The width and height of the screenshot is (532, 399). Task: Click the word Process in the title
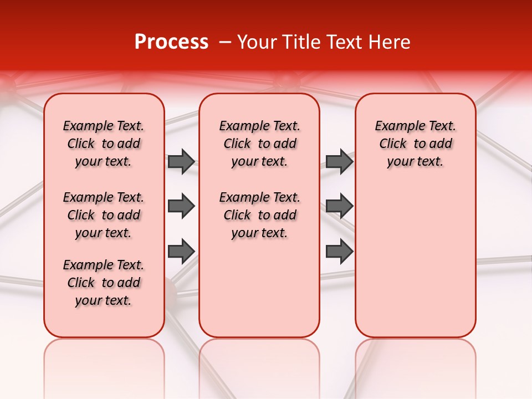coord(171,42)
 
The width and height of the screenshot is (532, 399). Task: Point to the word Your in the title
coord(255,42)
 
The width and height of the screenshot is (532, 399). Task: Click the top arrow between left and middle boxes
coord(181,161)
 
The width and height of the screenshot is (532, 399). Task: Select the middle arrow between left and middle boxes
coord(181,206)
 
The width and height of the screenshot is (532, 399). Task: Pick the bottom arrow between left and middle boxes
coord(181,251)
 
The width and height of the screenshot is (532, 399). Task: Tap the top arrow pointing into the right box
coord(339,161)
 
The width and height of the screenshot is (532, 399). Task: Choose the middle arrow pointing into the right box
coord(339,206)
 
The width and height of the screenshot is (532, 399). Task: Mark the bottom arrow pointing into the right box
coord(339,251)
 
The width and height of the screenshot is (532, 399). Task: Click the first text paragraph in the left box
coord(104,144)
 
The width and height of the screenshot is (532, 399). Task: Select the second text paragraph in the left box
coord(104,215)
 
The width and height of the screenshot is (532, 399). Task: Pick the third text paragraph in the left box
coord(104,283)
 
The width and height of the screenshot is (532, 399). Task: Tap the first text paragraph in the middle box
coord(259,144)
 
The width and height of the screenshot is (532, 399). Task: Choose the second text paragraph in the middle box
coord(259,215)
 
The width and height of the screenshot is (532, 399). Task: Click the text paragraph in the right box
coord(416,144)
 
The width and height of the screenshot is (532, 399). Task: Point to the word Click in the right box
coord(393,144)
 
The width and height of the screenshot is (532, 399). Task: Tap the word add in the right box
coord(441,144)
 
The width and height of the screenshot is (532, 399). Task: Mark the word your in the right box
coord(398,162)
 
